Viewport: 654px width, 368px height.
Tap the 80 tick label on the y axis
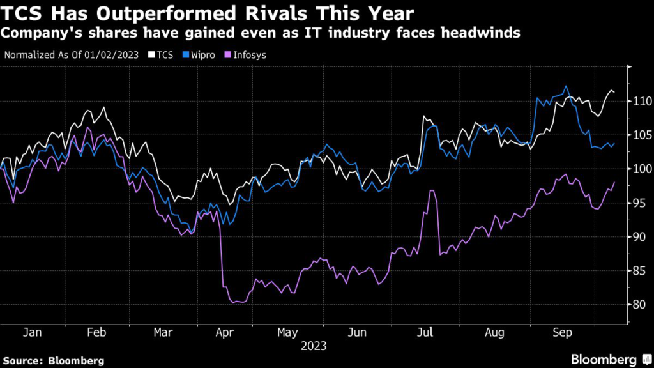pyautogui.click(x=640, y=304)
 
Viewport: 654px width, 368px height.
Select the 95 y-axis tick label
pyautogui.click(x=640, y=203)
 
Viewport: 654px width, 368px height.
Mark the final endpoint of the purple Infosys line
pyautogui.click(x=614, y=183)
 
